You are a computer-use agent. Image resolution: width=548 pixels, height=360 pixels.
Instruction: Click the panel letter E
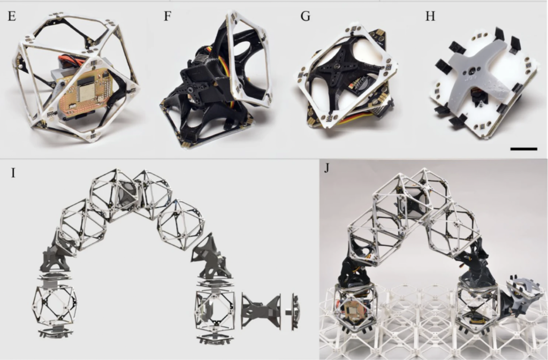[12, 17]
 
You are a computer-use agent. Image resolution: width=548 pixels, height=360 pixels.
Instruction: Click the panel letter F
[168, 17]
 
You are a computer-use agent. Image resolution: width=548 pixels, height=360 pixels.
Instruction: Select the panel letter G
[305, 17]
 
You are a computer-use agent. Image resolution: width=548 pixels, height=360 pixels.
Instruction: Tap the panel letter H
[430, 17]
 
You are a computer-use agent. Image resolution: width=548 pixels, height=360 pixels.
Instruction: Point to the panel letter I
[13, 172]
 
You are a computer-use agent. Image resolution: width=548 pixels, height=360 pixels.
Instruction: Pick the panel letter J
[327, 168]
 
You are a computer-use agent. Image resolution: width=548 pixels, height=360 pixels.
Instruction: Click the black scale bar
[523, 149]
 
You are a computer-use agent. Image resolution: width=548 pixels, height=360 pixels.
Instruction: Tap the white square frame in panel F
[249, 58]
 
